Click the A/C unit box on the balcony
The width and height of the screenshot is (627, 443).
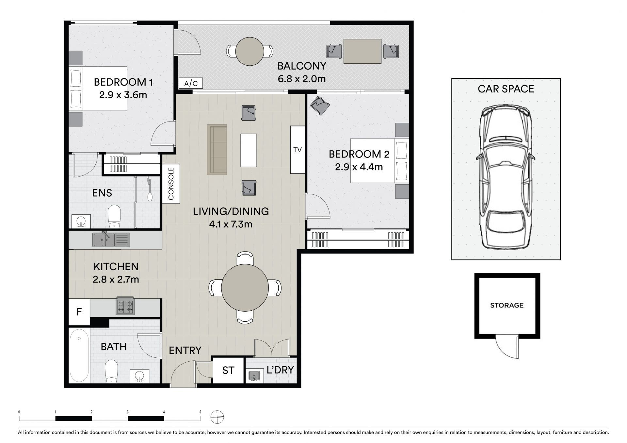coord(191,83)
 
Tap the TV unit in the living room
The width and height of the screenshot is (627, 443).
coord(297,150)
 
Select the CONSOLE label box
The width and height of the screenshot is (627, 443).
coord(171,184)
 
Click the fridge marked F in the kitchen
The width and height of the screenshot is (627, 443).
coord(79,312)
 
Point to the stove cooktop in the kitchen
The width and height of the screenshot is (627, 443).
coord(125,307)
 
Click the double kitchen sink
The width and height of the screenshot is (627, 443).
coord(111,239)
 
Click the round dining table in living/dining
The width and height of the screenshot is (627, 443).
coord(245,288)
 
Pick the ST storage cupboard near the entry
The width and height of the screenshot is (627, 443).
coord(228,370)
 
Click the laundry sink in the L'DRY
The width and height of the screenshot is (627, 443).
coord(254,376)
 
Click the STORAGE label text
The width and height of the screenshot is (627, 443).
coord(507,305)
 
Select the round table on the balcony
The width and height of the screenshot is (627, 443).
coord(250,51)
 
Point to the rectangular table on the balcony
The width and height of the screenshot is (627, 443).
coord(362,51)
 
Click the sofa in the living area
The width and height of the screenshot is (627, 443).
coord(217,149)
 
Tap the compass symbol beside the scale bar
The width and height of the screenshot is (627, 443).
coord(217,417)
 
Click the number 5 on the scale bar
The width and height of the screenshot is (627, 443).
coord(200,412)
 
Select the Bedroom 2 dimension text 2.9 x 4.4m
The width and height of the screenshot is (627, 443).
coord(359,167)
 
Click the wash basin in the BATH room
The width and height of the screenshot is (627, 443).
coord(140,376)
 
